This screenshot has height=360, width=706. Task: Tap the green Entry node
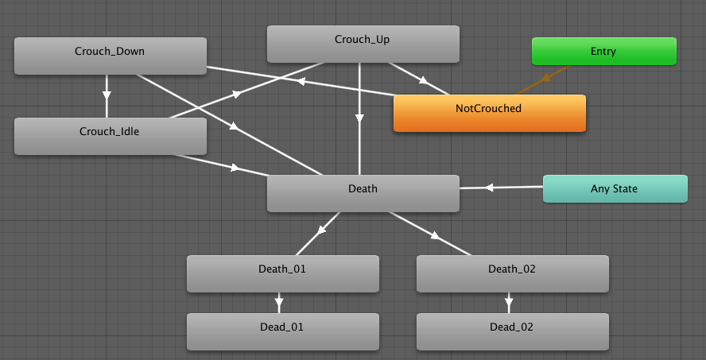click(x=603, y=52)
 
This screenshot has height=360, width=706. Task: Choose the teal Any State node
click(x=615, y=189)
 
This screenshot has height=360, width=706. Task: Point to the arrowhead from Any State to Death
click(x=489, y=188)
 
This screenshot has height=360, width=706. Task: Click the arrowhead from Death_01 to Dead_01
click(x=279, y=302)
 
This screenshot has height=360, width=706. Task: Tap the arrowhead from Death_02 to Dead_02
click(x=509, y=302)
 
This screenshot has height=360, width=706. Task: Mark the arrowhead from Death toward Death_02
click(x=435, y=235)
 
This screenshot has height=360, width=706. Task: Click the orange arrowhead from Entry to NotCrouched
click(x=547, y=78)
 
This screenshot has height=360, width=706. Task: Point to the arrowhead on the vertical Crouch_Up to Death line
click(x=359, y=118)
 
